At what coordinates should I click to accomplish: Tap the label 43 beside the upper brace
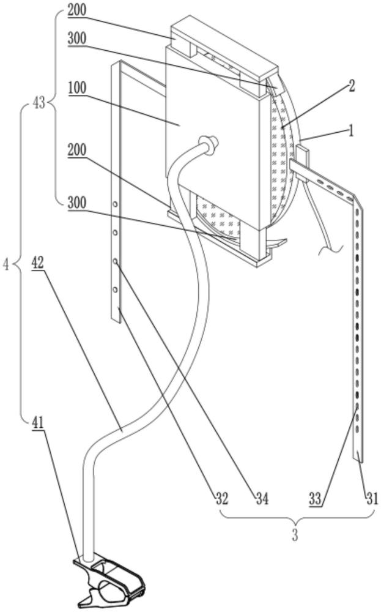pyautogui.click(x=39, y=104)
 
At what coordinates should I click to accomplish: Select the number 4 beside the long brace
pyautogui.click(x=6, y=265)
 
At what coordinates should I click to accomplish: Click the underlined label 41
pyautogui.click(x=37, y=422)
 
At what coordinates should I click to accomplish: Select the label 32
pyautogui.click(x=221, y=498)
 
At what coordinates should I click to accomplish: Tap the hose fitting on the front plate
pyautogui.click(x=210, y=143)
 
